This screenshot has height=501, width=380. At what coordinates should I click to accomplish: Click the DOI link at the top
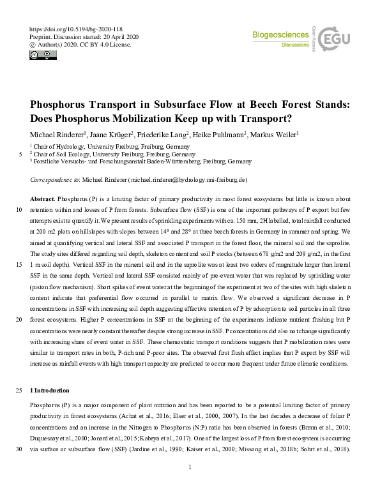coord(76,29)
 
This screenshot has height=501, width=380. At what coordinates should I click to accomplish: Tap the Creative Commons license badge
coord(43,56)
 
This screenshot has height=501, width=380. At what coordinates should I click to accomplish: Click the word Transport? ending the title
coord(261,119)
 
